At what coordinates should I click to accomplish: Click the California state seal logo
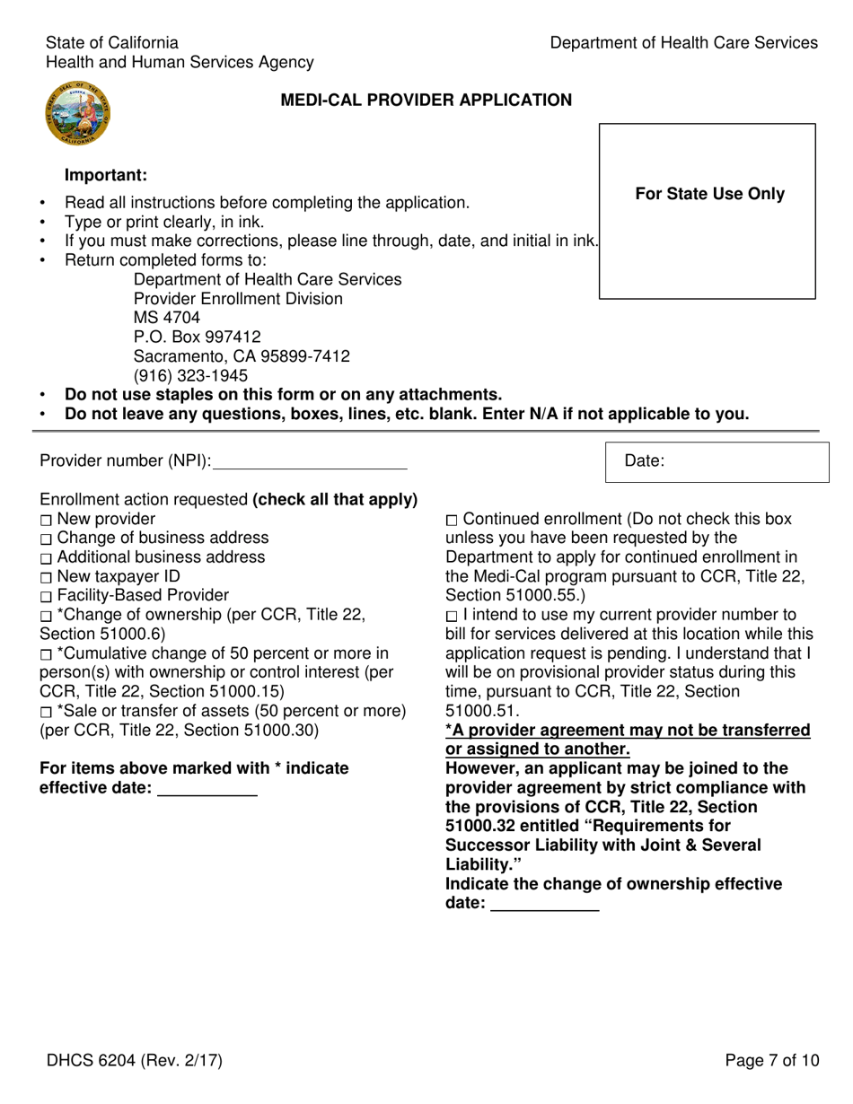[x=75, y=113]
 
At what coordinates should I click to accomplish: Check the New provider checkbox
[x=46, y=521]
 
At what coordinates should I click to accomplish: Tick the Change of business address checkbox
[x=46, y=539]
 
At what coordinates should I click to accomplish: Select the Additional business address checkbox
[x=46, y=558]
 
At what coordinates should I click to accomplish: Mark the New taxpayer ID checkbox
[x=46, y=577]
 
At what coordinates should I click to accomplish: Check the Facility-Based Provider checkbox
[x=46, y=597]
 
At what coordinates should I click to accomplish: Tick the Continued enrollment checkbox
[x=452, y=521]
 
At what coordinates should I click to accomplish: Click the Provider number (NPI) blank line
[x=310, y=462]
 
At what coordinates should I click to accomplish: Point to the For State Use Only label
[x=709, y=194]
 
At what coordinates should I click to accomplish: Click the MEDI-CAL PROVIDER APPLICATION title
[x=426, y=101]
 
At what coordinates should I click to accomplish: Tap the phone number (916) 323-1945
[x=190, y=376]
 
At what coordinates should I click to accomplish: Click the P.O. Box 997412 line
[x=197, y=337]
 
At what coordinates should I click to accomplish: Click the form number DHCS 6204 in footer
[x=135, y=1061]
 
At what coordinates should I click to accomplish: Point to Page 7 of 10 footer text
[x=771, y=1061]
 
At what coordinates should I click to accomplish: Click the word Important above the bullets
[x=105, y=175]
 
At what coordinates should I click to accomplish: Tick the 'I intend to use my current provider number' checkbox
[x=452, y=617]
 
